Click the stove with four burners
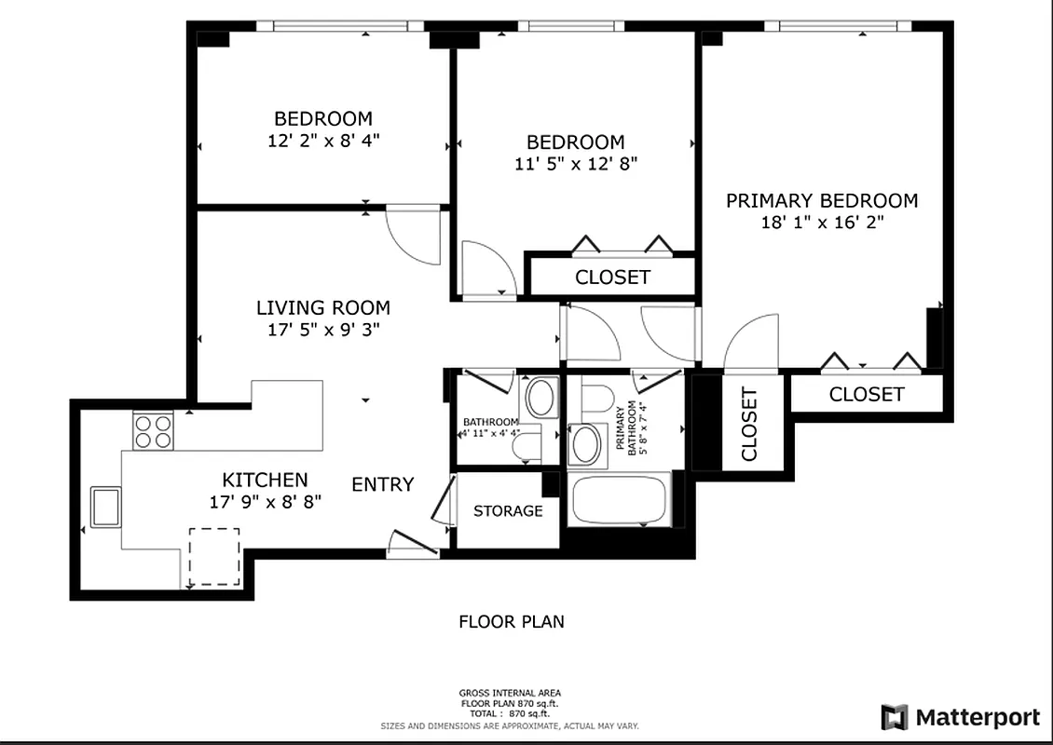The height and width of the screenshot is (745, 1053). (x=154, y=431)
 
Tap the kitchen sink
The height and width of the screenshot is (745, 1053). (x=105, y=507)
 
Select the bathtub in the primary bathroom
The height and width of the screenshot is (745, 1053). (x=618, y=500)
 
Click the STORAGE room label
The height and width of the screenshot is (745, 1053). (x=508, y=511)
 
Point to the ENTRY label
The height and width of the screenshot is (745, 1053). (x=382, y=484)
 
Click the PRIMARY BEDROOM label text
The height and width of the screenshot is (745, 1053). (x=822, y=200)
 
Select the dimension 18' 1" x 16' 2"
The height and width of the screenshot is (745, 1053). (x=822, y=223)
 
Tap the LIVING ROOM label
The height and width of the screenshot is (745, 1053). (x=323, y=307)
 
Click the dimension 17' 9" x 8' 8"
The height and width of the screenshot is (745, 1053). (x=265, y=501)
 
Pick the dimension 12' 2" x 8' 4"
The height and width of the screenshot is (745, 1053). (x=323, y=141)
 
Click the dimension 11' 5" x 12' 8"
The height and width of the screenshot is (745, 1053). (x=576, y=164)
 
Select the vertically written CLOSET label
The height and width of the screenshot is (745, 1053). (x=750, y=424)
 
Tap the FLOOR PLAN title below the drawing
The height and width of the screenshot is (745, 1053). (x=512, y=621)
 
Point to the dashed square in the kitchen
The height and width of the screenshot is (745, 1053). (x=214, y=556)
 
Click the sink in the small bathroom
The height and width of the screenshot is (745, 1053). (x=540, y=398)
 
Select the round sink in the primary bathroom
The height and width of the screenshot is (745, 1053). (x=585, y=444)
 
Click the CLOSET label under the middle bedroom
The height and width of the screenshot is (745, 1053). (x=612, y=278)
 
